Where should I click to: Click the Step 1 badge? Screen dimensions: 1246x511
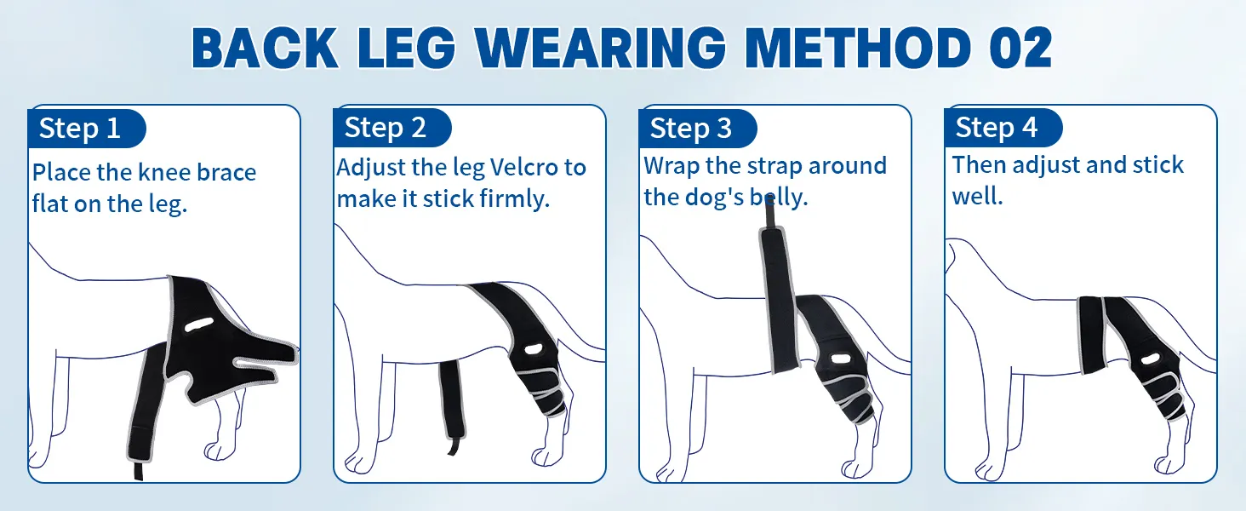(86, 129)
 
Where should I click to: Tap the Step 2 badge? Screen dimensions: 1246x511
(392, 128)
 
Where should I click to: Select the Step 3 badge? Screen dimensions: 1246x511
(698, 129)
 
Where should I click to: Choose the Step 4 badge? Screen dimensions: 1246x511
(1003, 128)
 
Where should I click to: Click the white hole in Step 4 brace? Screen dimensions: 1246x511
(1149, 359)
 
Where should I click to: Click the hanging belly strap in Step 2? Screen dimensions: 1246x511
(452, 407)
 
